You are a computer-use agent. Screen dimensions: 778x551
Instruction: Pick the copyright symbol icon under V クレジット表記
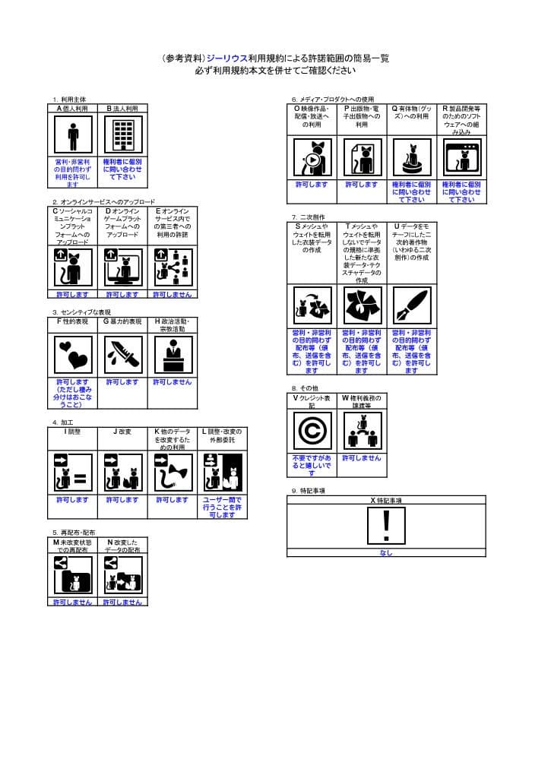(x=312, y=432)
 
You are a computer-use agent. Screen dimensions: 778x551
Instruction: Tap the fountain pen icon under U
(x=411, y=306)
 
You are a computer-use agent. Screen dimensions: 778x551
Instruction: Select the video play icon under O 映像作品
(x=312, y=158)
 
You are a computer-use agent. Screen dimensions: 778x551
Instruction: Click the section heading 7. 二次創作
(x=309, y=217)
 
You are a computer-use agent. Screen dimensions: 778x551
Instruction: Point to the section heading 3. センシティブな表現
(x=81, y=312)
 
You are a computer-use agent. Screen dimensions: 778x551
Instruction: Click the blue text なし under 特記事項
(x=386, y=552)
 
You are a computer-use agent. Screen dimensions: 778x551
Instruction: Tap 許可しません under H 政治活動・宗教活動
(x=172, y=382)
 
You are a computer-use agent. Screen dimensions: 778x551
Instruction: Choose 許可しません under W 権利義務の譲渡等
(x=361, y=458)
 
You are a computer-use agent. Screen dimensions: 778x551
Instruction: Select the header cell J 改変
(x=122, y=432)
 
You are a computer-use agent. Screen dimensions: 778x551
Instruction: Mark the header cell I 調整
(x=73, y=432)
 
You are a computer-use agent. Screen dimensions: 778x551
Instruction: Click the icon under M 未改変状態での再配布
(x=73, y=576)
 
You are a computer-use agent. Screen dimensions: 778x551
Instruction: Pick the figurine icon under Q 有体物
(x=411, y=158)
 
